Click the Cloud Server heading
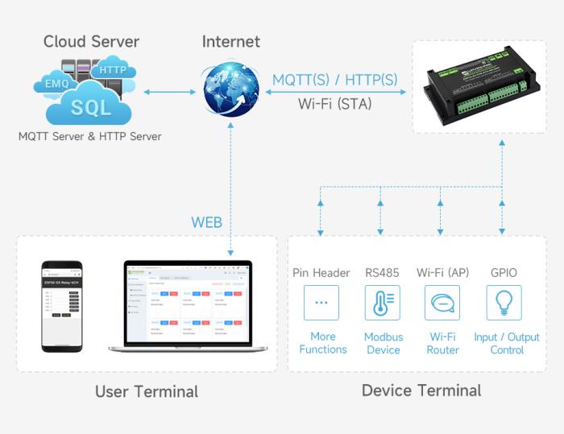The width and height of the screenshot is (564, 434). point(91,42)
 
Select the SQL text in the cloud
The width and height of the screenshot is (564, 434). point(90,107)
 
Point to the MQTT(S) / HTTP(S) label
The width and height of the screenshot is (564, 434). point(334,81)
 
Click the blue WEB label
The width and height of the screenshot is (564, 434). point(206,222)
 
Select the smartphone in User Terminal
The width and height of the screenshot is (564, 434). point(62,306)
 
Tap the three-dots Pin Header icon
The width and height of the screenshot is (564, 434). point(321,303)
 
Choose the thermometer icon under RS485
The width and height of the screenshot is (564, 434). point(382,303)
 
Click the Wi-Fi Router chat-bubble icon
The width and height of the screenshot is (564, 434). point(442,303)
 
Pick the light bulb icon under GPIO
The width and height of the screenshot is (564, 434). point(504,303)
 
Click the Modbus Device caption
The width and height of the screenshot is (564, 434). point(383,343)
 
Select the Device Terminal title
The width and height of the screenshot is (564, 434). point(421,391)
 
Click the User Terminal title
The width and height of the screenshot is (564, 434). point(146,392)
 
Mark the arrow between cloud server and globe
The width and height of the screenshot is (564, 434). point(170,91)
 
